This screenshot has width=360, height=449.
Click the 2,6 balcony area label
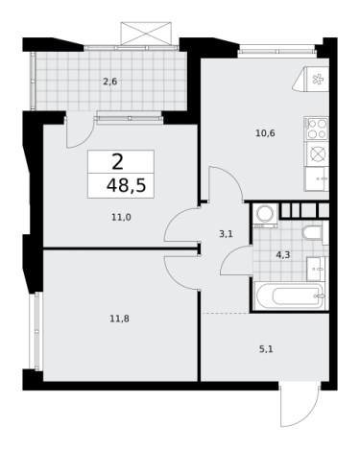(109, 82)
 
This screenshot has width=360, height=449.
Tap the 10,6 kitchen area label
(265, 133)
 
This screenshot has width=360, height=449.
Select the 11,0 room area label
(121, 218)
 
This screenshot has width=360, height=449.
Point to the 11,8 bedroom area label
(119, 319)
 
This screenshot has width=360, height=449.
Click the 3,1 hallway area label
(226, 234)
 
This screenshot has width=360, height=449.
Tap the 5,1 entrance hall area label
(266, 349)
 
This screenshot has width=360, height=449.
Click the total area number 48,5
(126, 185)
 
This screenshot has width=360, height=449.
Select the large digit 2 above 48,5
(118, 162)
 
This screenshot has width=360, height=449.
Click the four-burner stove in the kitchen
(317, 129)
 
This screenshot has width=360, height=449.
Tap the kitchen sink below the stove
(317, 179)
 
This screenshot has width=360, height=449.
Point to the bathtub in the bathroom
(290, 295)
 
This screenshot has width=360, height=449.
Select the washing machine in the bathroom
(265, 216)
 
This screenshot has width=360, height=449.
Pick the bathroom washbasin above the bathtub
(316, 269)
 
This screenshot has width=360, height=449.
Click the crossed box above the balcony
(146, 34)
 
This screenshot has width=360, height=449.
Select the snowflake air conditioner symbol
(318, 80)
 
